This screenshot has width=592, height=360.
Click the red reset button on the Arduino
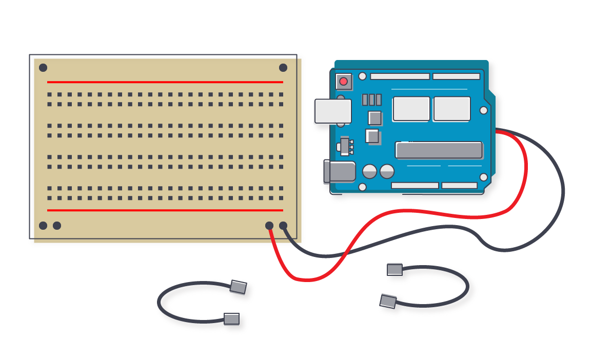click(343, 81)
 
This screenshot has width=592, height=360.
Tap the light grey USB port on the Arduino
click(332, 111)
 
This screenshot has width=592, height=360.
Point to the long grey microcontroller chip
click(439, 150)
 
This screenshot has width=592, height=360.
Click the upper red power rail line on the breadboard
click(165, 82)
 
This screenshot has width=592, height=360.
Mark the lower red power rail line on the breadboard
click(165, 210)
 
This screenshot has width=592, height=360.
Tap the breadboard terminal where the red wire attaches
click(269, 226)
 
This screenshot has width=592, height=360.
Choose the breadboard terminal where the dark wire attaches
click(283, 226)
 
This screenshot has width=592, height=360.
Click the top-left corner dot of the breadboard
click(43, 68)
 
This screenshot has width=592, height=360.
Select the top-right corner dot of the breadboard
click(283, 68)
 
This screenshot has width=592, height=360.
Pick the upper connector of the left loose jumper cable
click(238, 287)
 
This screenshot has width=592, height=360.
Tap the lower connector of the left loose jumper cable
click(231, 319)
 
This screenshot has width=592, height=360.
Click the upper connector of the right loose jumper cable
click(394, 269)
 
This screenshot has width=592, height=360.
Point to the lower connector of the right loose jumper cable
click(388, 301)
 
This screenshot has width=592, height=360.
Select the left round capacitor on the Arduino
click(370, 171)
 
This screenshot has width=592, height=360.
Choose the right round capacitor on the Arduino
click(387, 171)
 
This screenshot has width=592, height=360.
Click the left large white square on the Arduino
click(411, 109)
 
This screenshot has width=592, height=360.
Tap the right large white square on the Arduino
click(451, 109)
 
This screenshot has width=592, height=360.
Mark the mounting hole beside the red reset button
click(362, 76)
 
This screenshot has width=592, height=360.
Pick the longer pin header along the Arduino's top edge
click(400, 76)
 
